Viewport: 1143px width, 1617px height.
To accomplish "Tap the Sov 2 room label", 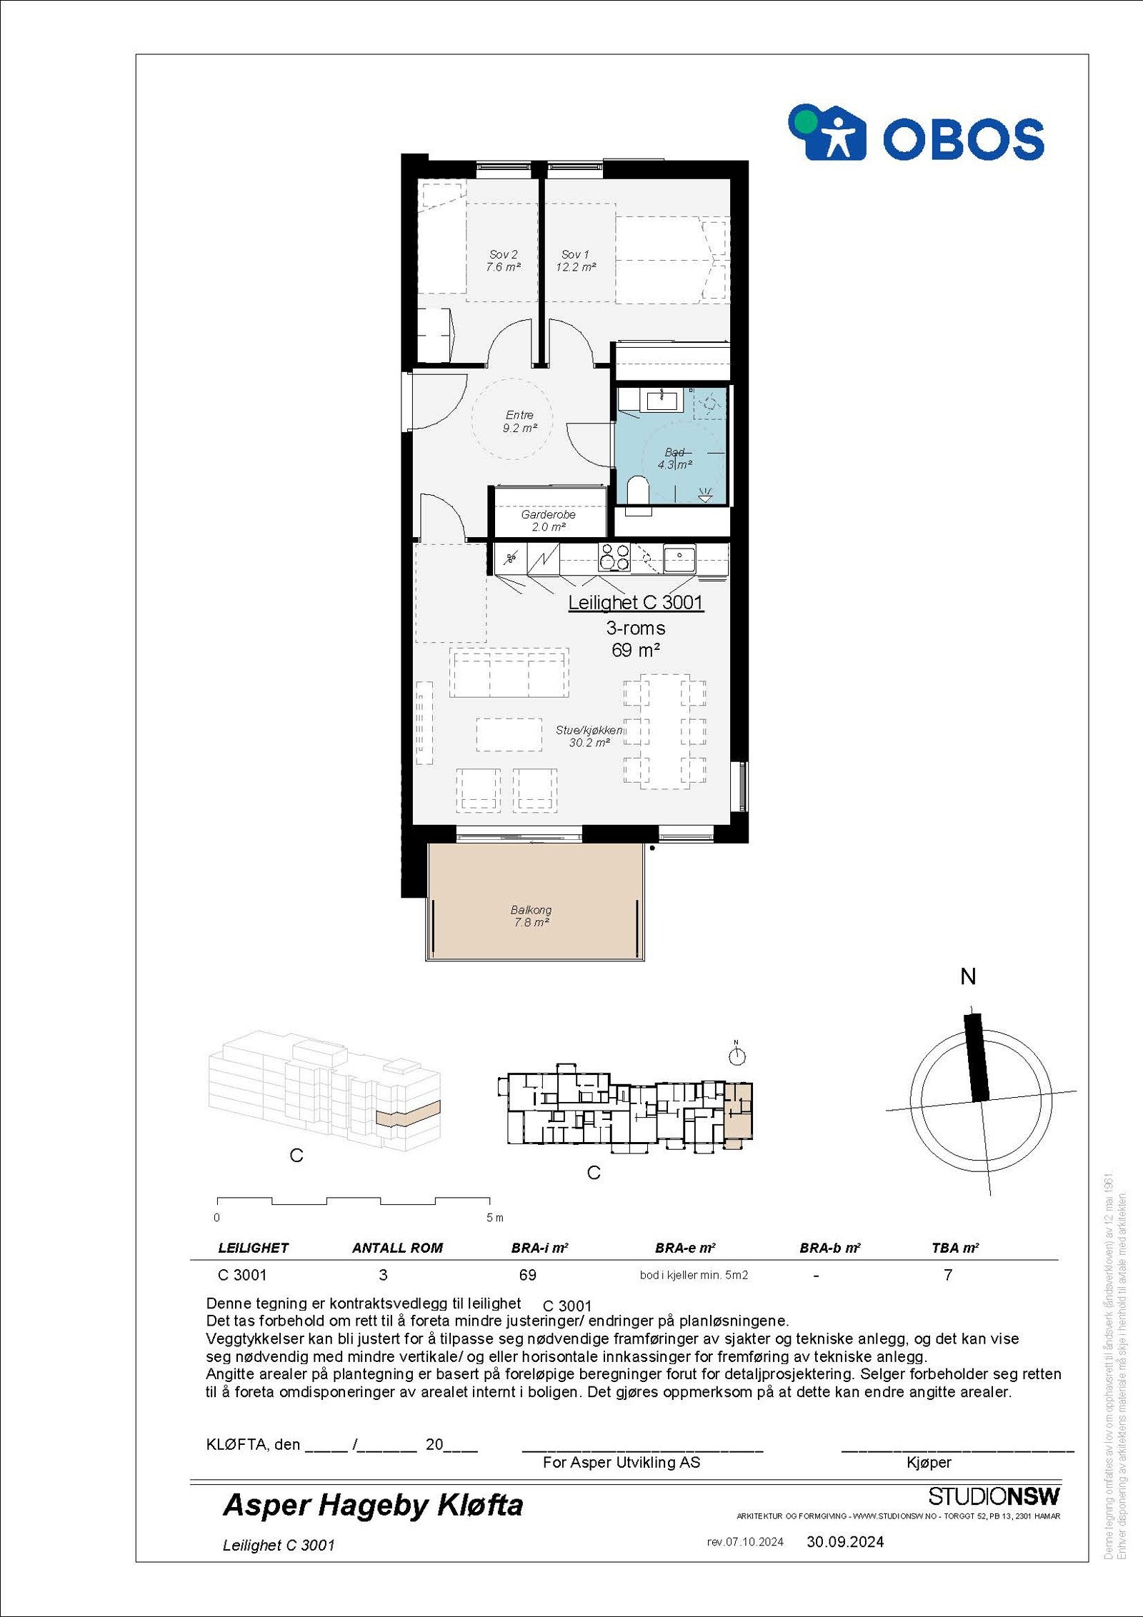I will pyautogui.click(x=503, y=261).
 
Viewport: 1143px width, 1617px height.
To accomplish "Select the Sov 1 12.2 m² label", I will pyautogui.click(x=575, y=261).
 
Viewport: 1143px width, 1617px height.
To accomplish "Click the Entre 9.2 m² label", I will pyautogui.click(x=519, y=421).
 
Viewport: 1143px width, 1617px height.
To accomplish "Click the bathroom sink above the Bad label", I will pyautogui.click(x=662, y=399).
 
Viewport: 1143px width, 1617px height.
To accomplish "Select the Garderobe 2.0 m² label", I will pyautogui.click(x=548, y=521).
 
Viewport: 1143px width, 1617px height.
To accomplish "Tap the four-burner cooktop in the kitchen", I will pyautogui.click(x=614, y=557).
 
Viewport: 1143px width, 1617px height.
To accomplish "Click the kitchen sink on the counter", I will pyautogui.click(x=679, y=556).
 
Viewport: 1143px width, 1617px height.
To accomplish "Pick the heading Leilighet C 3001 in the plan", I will pyautogui.click(x=635, y=603).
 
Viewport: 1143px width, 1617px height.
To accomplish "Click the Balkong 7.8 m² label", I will pyautogui.click(x=531, y=916).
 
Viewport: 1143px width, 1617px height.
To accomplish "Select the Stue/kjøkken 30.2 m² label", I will pyautogui.click(x=589, y=736).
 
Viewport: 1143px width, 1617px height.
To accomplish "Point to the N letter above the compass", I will pyautogui.click(x=968, y=977).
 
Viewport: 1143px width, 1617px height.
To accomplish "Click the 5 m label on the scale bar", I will pyautogui.click(x=494, y=1218).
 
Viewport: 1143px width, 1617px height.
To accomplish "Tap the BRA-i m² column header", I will pyautogui.click(x=539, y=1248).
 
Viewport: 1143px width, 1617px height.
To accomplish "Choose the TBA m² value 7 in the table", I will pyautogui.click(x=948, y=1275).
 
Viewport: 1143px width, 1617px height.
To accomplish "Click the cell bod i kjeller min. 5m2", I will pyautogui.click(x=693, y=1276).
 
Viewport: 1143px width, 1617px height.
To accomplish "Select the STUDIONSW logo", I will pyautogui.click(x=994, y=1496).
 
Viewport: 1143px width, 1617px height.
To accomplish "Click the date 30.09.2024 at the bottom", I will pyautogui.click(x=845, y=1542).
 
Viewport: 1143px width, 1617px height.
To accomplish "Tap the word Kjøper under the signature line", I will pyautogui.click(x=929, y=1463).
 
